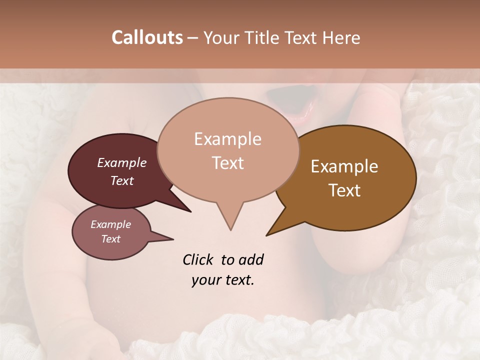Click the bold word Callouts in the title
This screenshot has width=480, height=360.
(147, 37)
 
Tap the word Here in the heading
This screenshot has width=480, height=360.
(341, 37)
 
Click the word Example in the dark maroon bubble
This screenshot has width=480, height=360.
(122, 162)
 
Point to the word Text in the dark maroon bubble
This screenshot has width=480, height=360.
(122, 180)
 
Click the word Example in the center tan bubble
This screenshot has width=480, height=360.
(227, 139)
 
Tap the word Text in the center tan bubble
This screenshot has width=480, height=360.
(227, 163)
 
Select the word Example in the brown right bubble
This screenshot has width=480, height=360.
(344, 166)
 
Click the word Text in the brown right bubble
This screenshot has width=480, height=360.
(344, 190)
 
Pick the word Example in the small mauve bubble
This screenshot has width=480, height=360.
(110, 224)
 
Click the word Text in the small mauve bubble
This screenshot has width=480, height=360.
(110, 239)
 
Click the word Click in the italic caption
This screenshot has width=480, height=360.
(198, 259)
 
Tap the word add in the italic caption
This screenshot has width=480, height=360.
(252, 259)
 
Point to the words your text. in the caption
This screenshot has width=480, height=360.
(223, 280)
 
